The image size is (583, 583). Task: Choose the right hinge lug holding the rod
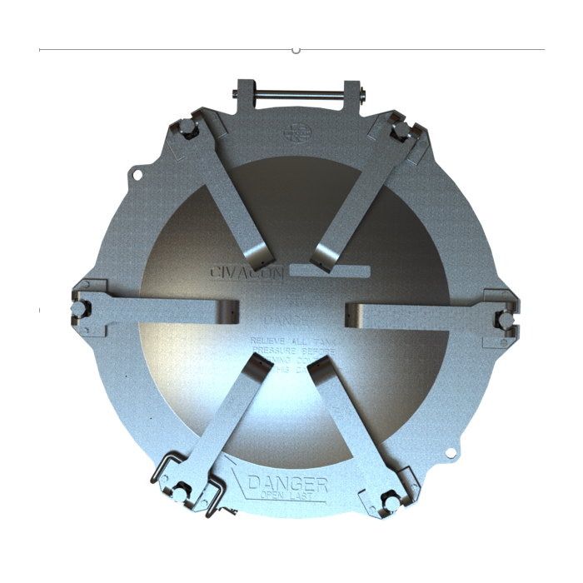point(352,93)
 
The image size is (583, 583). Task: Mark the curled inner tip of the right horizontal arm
point(351,313)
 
